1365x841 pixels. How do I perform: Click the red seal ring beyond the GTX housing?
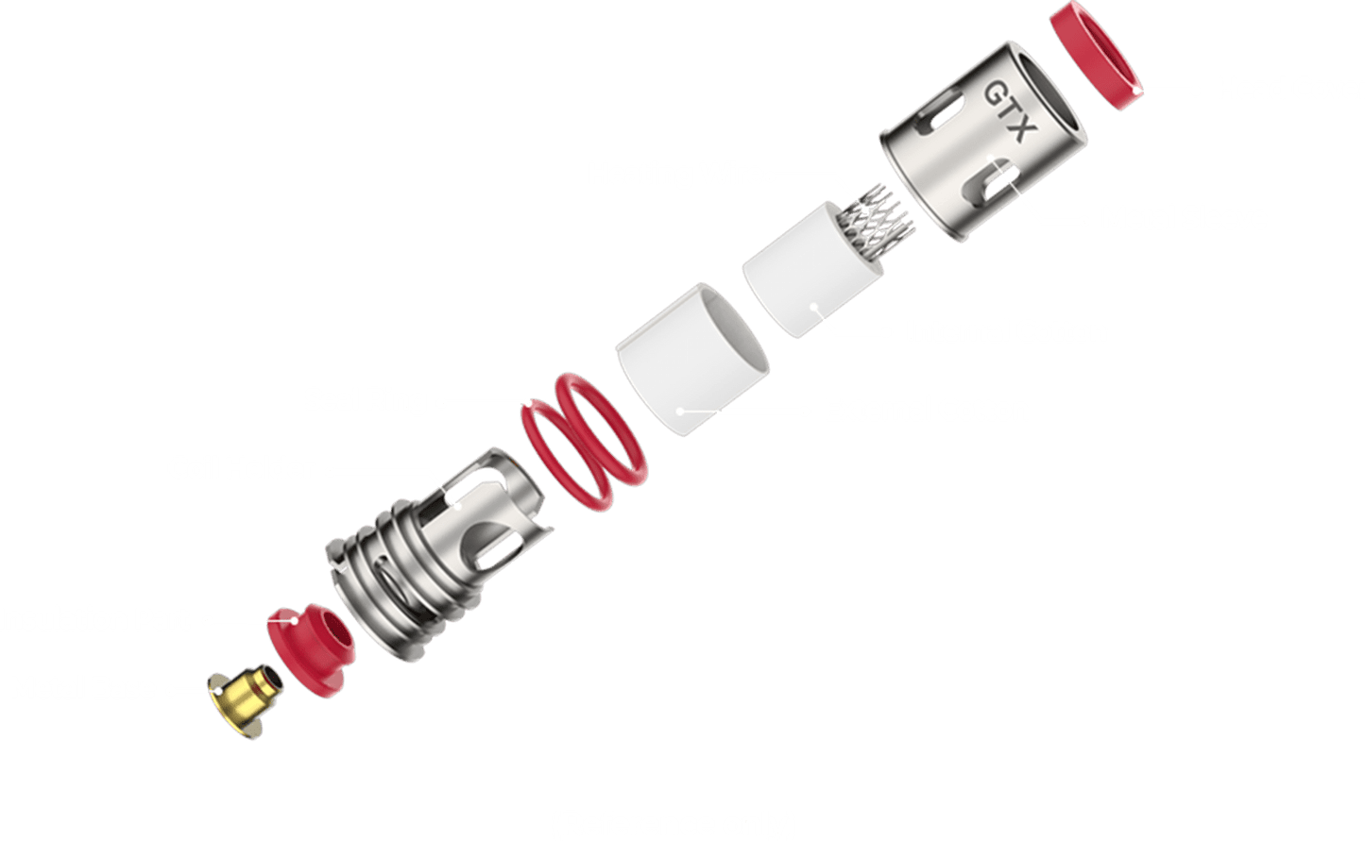click(x=1096, y=56)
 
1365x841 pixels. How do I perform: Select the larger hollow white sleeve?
click(x=692, y=360)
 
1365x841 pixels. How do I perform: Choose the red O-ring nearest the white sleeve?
click(x=600, y=430)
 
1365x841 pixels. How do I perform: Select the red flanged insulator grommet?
click(x=312, y=650)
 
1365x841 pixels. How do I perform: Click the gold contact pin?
click(x=245, y=702)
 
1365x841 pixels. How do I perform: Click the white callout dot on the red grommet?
click(x=295, y=621)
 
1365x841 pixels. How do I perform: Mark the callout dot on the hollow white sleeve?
click(x=680, y=412)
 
